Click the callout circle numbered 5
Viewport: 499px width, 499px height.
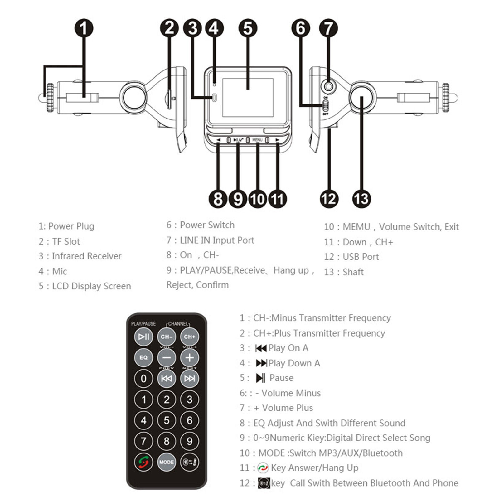(x=248, y=28)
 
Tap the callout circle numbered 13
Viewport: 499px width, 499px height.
(x=362, y=199)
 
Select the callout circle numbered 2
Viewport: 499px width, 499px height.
(x=169, y=28)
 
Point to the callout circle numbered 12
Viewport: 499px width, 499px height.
(x=329, y=199)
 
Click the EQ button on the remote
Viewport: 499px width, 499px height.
(x=143, y=357)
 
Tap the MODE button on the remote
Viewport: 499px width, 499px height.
(x=167, y=462)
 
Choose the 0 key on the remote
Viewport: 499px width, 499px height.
(x=143, y=379)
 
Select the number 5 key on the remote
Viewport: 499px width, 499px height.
(x=167, y=420)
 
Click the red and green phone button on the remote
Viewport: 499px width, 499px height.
(x=143, y=462)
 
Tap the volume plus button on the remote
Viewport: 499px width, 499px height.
(x=190, y=357)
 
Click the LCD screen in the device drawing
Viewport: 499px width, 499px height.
(x=248, y=97)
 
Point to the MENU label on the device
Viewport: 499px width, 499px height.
(x=257, y=140)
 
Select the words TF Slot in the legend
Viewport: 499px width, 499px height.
(x=66, y=241)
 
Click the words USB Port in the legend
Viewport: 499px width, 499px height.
(x=361, y=257)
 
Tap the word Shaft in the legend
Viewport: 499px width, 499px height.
(x=353, y=272)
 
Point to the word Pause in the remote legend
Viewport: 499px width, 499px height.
(x=281, y=378)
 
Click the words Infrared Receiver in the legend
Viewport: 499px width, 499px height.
(x=86, y=256)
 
